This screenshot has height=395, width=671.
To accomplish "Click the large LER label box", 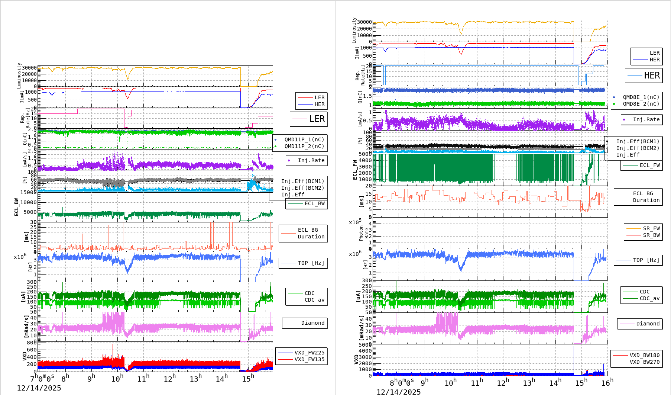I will (x=309, y=119).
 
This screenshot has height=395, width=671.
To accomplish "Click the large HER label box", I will (x=644, y=76).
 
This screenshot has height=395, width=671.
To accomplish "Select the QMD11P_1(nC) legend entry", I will (x=304, y=139).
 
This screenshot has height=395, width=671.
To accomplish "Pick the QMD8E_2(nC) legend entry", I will (x=641, y=104).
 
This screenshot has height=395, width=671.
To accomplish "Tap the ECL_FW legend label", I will (x=649, y=165).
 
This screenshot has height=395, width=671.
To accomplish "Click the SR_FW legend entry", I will (x=651, y=228).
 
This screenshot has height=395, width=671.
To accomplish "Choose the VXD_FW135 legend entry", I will (x=309, y=359).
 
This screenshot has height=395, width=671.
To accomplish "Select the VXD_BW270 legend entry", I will (x=644, y=362).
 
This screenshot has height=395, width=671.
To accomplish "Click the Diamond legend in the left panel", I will (x=312, y=323).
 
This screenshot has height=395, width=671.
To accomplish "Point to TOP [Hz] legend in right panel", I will (x=646, y=260).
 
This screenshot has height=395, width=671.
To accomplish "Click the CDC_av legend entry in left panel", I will (x=314, y=300).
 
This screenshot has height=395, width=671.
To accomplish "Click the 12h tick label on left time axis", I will (x=169, y=379).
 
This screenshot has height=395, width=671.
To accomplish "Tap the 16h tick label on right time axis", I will (x=607, y=383).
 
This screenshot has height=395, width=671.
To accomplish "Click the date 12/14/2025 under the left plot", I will (x=39, y=388).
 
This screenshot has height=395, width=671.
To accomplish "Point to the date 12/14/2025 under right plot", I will (x=399, y=392).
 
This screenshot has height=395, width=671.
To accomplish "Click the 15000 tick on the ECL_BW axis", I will (x=28, y=192).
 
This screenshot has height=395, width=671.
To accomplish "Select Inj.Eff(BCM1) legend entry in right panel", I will (x=638, y=141).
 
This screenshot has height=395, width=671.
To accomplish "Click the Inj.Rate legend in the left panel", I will (x=311, y=160).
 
